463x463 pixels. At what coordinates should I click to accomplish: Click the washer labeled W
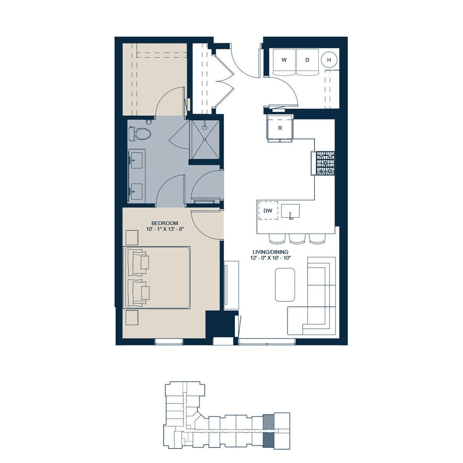pos(285,60)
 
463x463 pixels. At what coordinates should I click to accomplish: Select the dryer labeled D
pos(307,60)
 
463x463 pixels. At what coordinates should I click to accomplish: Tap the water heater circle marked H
pos(329,60)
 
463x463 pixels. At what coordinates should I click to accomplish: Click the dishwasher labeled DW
pos(268,210)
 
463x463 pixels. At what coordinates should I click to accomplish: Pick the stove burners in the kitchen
pos(324,163)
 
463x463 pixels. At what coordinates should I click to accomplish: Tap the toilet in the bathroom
pos(140,133)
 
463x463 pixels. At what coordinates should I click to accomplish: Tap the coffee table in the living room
pos(284,284)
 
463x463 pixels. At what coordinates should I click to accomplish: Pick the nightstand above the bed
pos(132,237)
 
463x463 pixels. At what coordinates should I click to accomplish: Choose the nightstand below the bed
pos(132,318)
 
